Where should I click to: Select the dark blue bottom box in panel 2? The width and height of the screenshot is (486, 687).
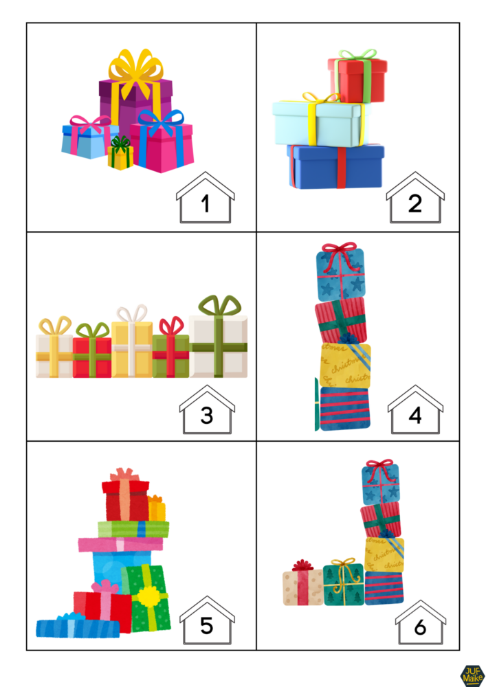[x=335, y=166]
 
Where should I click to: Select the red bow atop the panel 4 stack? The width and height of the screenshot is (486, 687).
[x=340, y=248]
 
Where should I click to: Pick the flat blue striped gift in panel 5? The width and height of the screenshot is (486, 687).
[x=77, y=626]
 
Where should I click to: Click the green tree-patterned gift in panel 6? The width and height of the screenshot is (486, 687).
[x=343, y=585]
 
